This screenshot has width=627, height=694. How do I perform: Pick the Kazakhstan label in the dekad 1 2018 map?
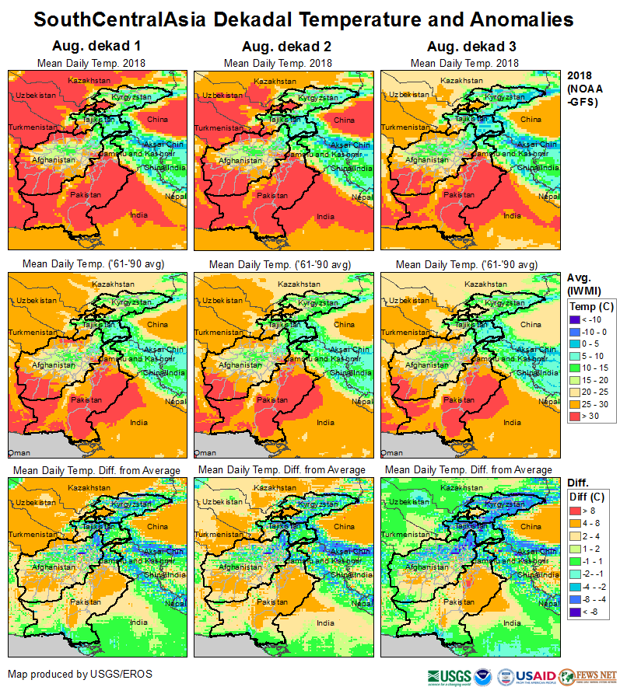87,81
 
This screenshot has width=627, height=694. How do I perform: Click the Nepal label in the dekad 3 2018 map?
549,197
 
